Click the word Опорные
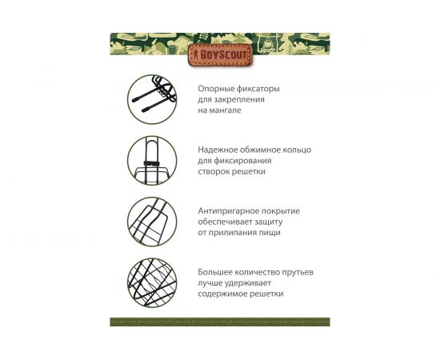coord(216,89)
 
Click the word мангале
coord(225,110)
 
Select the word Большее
coord(216,272)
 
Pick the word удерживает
coord(249,283)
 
